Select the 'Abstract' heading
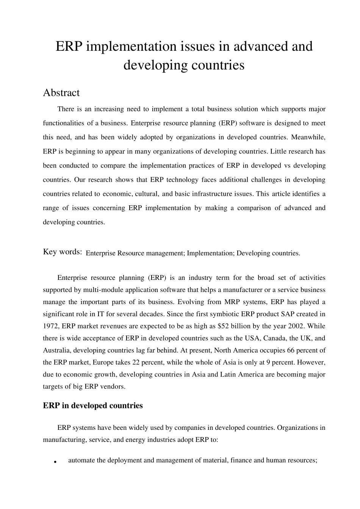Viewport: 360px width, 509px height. [61, 93]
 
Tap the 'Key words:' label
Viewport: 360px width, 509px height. [63, 252]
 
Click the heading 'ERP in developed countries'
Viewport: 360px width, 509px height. [93, 406]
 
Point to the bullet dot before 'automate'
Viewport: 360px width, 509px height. [55, 462]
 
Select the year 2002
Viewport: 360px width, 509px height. [306, 326]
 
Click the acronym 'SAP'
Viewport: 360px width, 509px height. [278, 314]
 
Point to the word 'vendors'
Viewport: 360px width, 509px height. [112, 387]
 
